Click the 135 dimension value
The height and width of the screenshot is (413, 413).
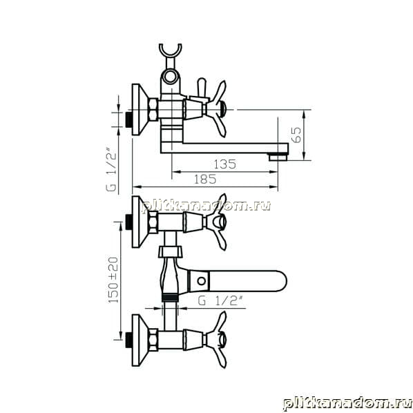coord(225,164)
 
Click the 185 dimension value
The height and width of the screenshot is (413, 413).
coord(205,180)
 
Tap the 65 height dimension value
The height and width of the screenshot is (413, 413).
coord(296,135)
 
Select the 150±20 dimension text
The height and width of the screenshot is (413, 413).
coord(113,280)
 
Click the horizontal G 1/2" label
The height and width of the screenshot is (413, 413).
coord(220,301)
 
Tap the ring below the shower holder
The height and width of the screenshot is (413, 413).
coord(171,76)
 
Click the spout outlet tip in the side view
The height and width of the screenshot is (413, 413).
coord(278,157)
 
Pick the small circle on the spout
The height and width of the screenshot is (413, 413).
coord(202,281)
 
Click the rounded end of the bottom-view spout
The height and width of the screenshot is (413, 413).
coord(281,281)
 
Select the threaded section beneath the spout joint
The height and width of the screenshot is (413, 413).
coord(170,298)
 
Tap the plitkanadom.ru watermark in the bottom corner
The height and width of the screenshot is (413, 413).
coord(347,403)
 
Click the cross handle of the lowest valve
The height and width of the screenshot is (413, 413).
coord(216,339)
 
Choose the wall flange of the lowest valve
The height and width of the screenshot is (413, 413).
coord(140,340)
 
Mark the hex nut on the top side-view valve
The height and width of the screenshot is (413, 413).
coord(153,110)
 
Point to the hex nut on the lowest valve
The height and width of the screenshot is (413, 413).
coord(153,340)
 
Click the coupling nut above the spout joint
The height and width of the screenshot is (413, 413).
coord(170,252)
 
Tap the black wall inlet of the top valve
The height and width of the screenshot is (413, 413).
coord(129,120)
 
